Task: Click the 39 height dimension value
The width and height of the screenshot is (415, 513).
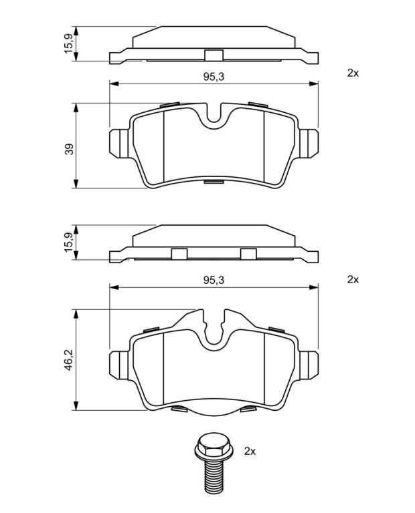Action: tap(70, 149)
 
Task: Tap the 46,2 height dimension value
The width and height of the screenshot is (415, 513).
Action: tap(70, 359)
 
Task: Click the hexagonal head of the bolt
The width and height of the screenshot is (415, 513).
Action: tap(214, 446)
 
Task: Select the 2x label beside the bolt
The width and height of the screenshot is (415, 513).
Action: tap(250, 452)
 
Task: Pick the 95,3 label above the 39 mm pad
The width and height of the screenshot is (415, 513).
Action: tap(214, 77)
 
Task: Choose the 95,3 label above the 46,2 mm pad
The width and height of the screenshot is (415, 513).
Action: tap(214, 280)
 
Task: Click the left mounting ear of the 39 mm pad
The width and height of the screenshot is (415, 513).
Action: tap(118, 144)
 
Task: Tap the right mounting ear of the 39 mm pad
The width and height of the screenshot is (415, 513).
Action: tap(308, 144)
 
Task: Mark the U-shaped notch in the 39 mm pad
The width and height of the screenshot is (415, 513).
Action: tap(214, 114)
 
